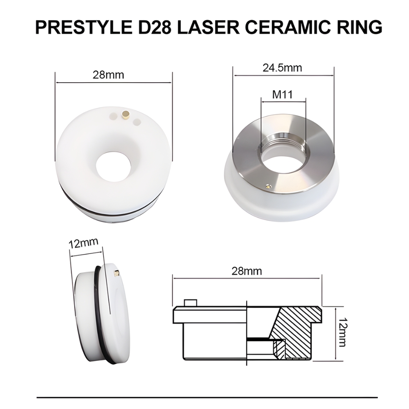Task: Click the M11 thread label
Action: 282,95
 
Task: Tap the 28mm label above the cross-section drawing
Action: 246,271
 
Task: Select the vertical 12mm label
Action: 342,332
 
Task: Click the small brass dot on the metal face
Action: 268,186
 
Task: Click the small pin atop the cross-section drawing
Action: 191,303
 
